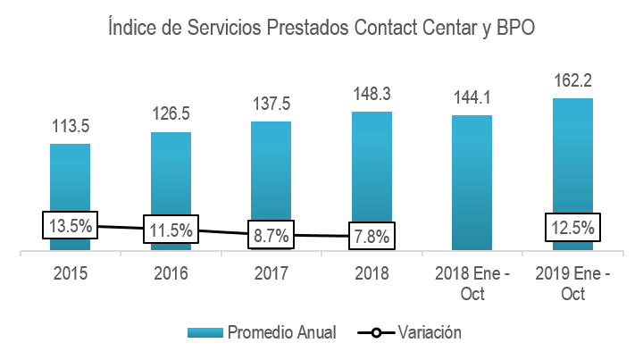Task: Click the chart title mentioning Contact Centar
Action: [x=321, y=29]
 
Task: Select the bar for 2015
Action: [x=70, y=179]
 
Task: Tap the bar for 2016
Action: [x=171, y=174]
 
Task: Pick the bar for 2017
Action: [x=271, y=170]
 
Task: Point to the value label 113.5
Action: [x=70, y=125]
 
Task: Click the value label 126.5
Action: [x=171, y=114]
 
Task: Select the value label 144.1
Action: [x=472, y=97]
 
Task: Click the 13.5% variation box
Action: [x=70, y=224]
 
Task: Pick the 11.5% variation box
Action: [x=171, y=230]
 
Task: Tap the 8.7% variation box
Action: [x=271, y=237]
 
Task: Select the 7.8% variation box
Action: [x=372, y=239]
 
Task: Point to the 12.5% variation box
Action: [x=572, y=228]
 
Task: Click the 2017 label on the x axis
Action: [x=271, y=273]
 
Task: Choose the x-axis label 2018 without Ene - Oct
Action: [x=372, y=273]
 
